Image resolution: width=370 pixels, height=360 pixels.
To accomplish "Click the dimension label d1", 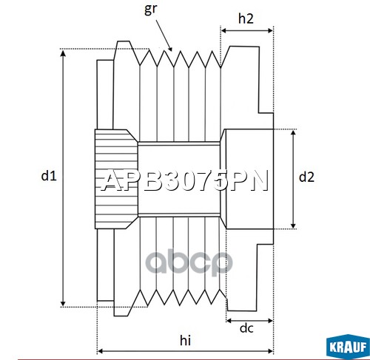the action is [x=49, y=176].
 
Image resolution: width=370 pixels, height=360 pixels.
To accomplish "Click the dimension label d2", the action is [x=306, y=177].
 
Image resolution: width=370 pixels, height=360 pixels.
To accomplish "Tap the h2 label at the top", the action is [x=246, y=18].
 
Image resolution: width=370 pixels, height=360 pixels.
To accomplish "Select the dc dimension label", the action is [x=246, y=328].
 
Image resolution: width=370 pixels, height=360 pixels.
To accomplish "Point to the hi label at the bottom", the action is [x=185, y=340].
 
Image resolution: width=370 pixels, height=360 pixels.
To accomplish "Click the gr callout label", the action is [x=150, y=9].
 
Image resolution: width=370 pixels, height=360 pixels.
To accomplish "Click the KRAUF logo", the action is [x=348, y=347].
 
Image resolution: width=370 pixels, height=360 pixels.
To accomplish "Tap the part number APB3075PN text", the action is [x=185, y=181].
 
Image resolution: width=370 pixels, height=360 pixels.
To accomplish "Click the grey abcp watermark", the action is [x=189, y=262].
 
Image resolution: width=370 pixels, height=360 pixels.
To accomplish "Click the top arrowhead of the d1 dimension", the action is [x=63, y=52].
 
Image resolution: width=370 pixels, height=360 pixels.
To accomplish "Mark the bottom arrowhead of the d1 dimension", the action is [x=63, y=303].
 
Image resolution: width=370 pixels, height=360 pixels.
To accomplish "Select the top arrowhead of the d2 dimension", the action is [x=293, y=133].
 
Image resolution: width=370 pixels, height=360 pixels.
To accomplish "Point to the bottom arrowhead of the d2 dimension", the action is [x=293, y=225].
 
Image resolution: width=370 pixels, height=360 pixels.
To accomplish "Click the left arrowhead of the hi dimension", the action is [x=101, y=351].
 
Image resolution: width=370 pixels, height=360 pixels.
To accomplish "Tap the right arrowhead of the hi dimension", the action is [x=270, y=351].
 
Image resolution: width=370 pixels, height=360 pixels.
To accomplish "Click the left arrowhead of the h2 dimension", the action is [x=224, y=30].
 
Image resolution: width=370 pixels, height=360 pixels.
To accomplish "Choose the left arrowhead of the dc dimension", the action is [x=229, y=321].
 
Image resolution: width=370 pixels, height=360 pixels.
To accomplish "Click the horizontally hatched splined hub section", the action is [x=116, y=179].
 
